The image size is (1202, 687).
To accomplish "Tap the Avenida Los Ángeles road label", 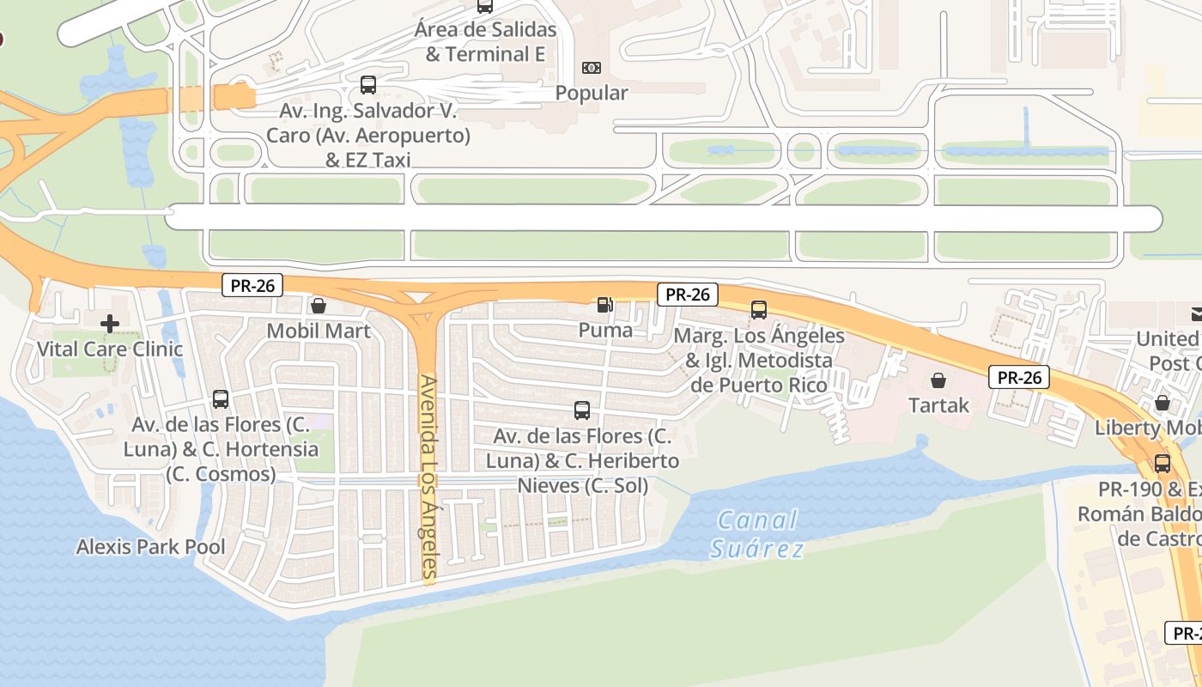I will click(x=429, y=477).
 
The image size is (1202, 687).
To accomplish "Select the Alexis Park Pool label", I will click(x=151, y=547).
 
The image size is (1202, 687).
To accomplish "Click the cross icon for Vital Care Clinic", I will click(x=110, y=324).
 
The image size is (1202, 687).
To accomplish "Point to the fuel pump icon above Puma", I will click(x=605, y=305).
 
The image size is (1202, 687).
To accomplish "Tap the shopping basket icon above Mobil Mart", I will click(x=319, y=306).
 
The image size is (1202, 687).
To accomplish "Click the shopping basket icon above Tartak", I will click(x=938, y=380).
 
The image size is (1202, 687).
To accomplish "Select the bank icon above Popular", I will click(x=592, y=68).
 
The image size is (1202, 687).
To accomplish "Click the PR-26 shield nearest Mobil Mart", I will click(x=252, y=285).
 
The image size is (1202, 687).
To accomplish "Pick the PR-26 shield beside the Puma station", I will click(x=688, y=295).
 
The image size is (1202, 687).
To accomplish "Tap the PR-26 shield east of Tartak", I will click(x=1020, y=377).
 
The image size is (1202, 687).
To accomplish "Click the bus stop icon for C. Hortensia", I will click(x=221, y=399).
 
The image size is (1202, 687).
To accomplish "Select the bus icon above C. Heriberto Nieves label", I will click(x=582, y=410).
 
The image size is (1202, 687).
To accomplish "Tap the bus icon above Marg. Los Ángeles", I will click(x=759, y=310).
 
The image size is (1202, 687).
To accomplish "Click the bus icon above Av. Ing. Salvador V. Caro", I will click(x=368, y=85).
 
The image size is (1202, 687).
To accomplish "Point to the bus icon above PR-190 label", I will click(x=1163, y=464).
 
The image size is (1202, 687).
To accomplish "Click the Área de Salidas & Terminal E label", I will click(x=485, y=41).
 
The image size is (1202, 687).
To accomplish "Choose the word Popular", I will click(x=592, y=93).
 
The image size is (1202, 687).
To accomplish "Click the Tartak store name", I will click(x=938, y=405).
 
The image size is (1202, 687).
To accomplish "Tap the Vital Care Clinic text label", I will click(x=110, y=350).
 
